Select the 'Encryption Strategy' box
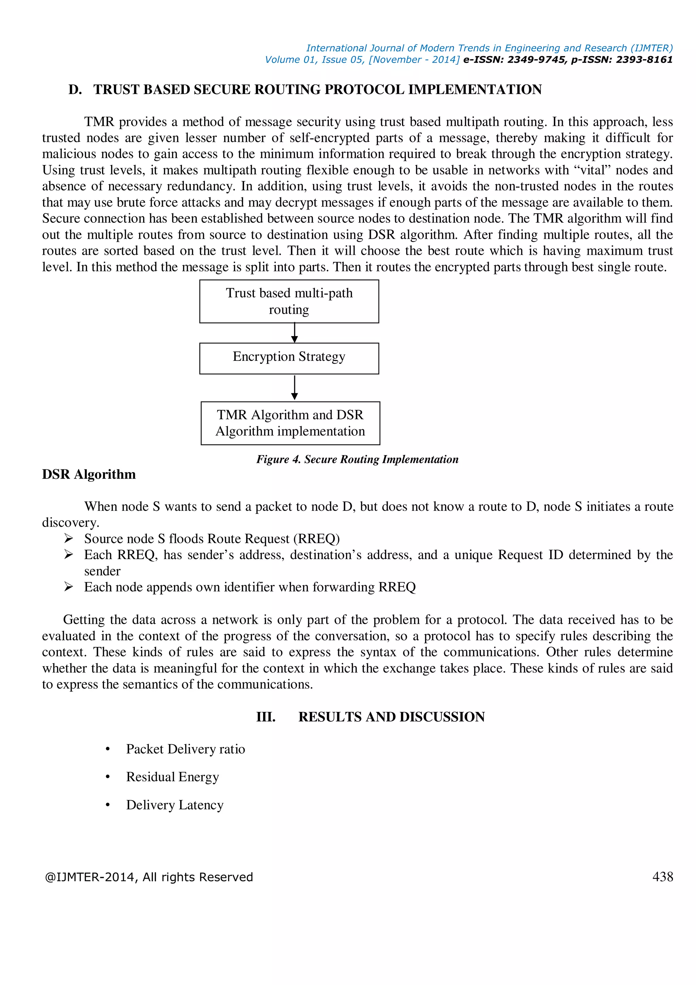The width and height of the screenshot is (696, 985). [x=289, y=358]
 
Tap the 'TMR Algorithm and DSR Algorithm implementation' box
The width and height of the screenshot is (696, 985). [x=290, y=423]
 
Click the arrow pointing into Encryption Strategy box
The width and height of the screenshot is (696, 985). [x=294, y=333]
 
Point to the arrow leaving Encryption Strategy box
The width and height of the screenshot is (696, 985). [x=294, y=388]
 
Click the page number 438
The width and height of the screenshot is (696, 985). [x=663, y=877]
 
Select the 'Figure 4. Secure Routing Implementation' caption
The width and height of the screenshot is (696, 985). [x=357, y=460]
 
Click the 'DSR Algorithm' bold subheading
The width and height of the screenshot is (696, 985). [x=89, y=474]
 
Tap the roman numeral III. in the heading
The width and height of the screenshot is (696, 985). [x=266, y=717]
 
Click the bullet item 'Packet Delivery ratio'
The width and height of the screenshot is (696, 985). [x=185, y=749]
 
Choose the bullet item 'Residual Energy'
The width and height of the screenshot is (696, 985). [x=172, y=777]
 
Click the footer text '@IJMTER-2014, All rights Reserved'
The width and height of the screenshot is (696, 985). [x=149, y=877]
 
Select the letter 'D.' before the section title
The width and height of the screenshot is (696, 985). [x=75, y=90]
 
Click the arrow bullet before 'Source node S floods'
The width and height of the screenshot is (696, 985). [x=69, y=538]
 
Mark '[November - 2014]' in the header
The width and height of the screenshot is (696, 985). [x=414, y=60]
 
